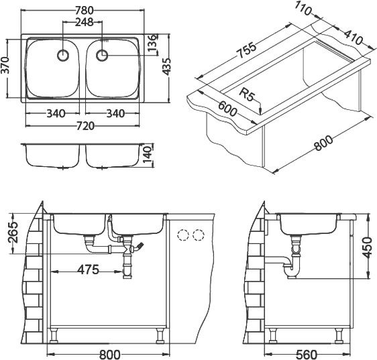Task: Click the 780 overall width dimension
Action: tap(84, 10)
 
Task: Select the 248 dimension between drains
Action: tap(84, 22)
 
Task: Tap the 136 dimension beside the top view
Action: tap(152, 44)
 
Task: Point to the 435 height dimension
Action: tap(166, 66)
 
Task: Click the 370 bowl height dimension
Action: tap(5, 65)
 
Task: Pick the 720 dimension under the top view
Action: tap(85, 126)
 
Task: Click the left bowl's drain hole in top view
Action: tap(63, 56)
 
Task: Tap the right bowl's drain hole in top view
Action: tap(102, 56)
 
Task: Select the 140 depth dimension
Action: tap(148, 155)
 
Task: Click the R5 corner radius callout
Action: tap(247, 95)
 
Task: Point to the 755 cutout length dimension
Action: tap(246, 50)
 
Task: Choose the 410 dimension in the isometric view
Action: tap(353, 37)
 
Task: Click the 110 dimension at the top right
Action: tap(303, 9)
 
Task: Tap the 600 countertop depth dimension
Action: tap(227, 109)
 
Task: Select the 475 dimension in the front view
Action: tap(89, 269)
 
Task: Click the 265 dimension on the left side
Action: tap(13, 233)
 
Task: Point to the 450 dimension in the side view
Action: tap(367, 247)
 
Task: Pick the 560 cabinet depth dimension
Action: tap(307, 355)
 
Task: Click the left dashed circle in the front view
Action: tap(183, 235)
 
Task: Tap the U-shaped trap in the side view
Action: tap(292, 268)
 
